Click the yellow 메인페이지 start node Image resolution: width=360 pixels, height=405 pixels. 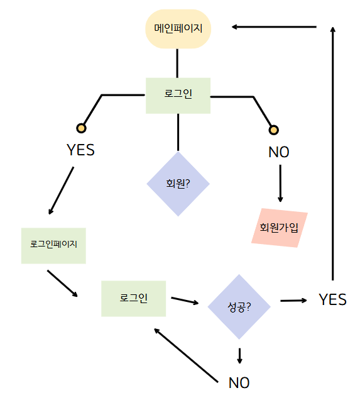(178, 29)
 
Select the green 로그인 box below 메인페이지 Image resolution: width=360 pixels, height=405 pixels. (178, 96)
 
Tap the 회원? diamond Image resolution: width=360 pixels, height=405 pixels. (178, 184)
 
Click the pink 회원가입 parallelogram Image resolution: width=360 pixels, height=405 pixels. (280, 228)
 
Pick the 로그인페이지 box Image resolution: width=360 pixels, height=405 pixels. (53, 246)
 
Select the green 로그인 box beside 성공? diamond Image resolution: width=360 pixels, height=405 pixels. (133, 299)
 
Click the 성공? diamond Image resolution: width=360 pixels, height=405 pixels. (239, 307)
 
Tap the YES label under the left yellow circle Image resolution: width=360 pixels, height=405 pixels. (81, 150)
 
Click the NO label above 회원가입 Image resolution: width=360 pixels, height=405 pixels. (279, 152)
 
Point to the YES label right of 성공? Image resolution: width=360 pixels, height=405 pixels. (332, 299)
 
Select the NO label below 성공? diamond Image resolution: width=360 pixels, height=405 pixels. (239, 382)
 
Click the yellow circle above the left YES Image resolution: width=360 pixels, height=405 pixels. (81, 128)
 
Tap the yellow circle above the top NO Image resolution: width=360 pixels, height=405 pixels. (273, 130)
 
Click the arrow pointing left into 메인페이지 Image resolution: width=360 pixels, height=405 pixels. (274, 27)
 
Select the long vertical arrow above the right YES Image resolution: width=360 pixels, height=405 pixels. (333, 153)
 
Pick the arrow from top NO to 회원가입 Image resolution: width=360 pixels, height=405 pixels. (280, 184)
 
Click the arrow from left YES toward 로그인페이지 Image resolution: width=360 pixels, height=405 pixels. (61, 191)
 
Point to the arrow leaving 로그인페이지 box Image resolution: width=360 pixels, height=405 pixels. (62, 284)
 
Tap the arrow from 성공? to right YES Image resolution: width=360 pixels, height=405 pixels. (293, 301)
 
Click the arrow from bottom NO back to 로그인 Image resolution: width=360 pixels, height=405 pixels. (186, 355)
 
